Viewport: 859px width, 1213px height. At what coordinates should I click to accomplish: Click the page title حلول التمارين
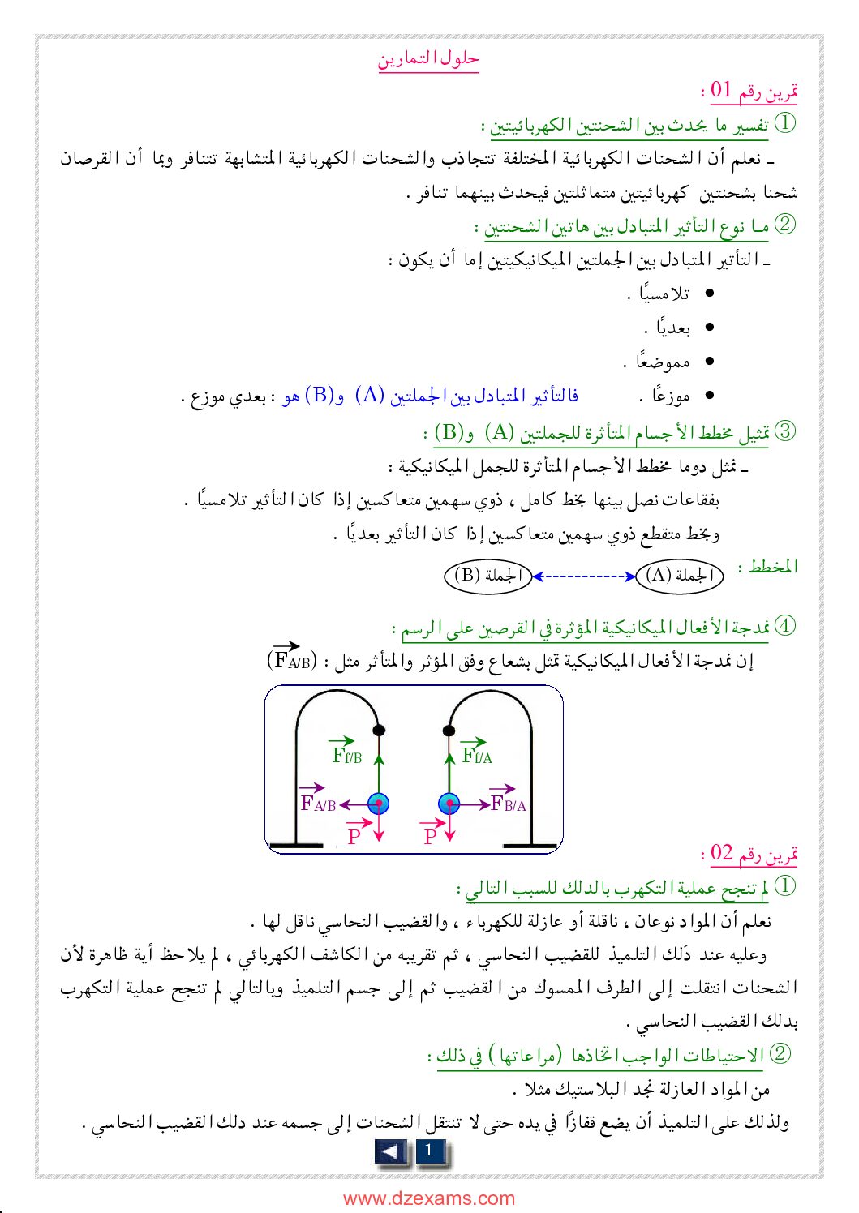428,59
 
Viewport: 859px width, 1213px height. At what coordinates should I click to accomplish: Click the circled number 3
785,431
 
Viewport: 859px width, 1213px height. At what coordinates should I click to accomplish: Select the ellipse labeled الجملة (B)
487,576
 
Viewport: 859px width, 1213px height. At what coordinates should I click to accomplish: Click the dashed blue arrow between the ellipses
583,576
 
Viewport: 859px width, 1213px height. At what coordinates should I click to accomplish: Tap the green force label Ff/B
346,754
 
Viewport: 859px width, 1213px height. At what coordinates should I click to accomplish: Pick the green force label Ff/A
476,754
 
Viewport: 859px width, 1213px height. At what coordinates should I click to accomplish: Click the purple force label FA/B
317,802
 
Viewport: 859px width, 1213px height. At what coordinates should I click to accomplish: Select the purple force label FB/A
509,802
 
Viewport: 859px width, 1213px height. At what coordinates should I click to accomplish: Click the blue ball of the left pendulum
378,804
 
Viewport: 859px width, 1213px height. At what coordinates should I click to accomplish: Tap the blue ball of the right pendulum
449,804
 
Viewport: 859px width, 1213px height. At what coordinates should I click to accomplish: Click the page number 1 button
429,1151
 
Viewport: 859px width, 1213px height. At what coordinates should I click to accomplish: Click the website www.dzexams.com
428,1198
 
